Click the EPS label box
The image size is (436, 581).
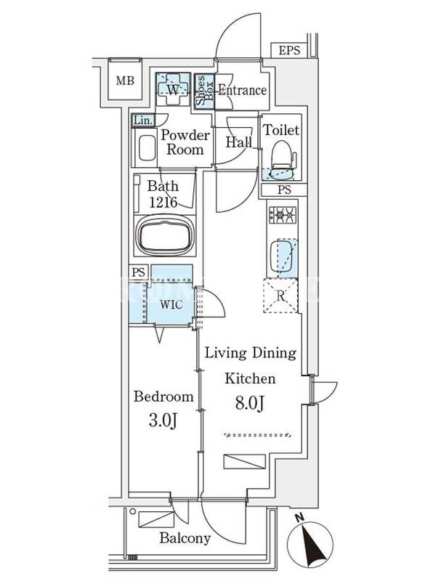288,50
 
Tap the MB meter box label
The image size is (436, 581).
125,81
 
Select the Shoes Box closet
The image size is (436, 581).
204,91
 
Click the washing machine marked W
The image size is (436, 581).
173,89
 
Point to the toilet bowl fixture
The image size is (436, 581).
283,160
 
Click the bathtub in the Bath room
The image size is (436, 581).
165,235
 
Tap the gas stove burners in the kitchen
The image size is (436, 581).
283,215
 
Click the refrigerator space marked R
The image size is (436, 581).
280,296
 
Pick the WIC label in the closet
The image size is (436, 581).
171,305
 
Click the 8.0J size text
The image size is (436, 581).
250,404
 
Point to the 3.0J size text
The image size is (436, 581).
163,420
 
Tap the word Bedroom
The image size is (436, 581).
163,397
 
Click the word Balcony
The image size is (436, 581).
185,538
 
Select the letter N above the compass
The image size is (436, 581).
300,517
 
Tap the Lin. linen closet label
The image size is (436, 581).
142,121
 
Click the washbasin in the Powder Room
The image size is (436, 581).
147,148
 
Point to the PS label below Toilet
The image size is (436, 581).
284,190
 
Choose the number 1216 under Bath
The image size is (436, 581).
163,203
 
